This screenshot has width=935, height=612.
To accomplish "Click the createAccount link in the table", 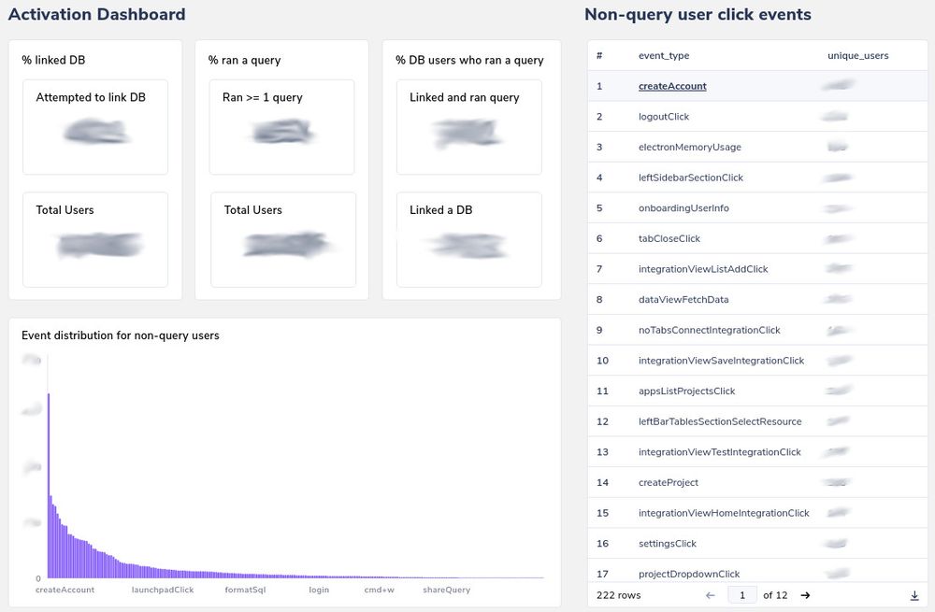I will coord(672,86).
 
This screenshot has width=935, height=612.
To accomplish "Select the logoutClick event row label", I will coord(664,117).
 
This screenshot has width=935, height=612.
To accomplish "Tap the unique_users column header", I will coord(857,56).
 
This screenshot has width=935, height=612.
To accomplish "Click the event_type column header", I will coord(664,56).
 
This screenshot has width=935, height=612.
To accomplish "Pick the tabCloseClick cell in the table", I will coord(669,239).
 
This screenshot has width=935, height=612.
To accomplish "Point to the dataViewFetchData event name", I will coord(683,300).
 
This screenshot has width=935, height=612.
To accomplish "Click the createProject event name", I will coord(669,483).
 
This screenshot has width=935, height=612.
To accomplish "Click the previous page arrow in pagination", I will coord(711,595).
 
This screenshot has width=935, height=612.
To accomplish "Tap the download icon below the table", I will coord(914,595).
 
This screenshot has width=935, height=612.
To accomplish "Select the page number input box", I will coord(742,595).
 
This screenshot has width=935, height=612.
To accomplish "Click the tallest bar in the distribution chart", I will coord(49,486).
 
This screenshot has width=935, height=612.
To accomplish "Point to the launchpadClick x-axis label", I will coord(163,591).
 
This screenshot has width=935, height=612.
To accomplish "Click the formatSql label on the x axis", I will coord(245,591).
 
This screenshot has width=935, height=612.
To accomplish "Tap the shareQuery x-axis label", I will coord(446,591).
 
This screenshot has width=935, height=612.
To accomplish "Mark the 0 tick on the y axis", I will coord(38,578).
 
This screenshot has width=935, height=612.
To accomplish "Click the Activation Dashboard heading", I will coord(96,15).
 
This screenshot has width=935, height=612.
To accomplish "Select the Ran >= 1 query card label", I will coord(263,97).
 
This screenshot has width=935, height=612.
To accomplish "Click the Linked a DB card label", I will coord(440,210).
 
